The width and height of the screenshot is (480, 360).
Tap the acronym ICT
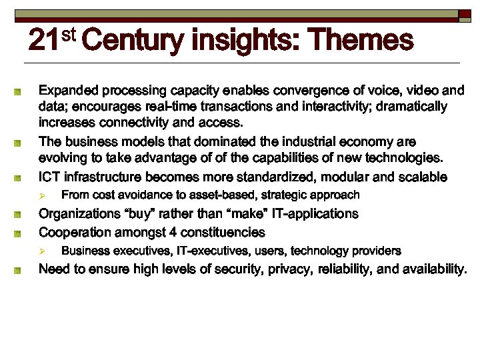click(51, 177)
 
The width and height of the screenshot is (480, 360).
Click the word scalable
click(424, 177)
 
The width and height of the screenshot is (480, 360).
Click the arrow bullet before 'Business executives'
click(41, 251)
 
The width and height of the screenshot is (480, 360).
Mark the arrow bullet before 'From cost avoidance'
click(41, 195)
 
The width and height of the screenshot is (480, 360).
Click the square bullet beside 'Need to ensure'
click(21, 270)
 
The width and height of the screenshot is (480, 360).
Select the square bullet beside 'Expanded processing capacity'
click(21, 91)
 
